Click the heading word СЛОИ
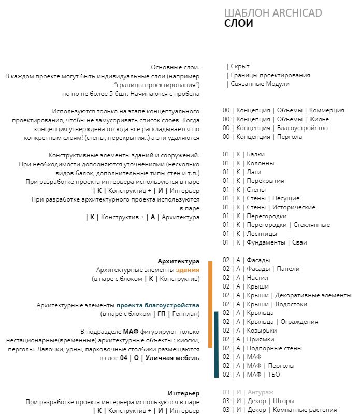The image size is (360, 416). [x=239, y=23]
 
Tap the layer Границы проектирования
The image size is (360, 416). [x=268, y=75]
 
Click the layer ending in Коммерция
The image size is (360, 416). [x=283, y=110]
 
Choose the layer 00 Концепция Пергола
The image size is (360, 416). [x=262, y=137]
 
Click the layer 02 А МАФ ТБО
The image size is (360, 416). [x=251, y=375]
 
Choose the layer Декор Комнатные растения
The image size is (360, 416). [x=280, y=410]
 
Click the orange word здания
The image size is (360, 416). [x=188, y=270]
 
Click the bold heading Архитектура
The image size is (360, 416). [x=178, y=261]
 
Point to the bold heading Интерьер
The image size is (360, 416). [x=183, y=393]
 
